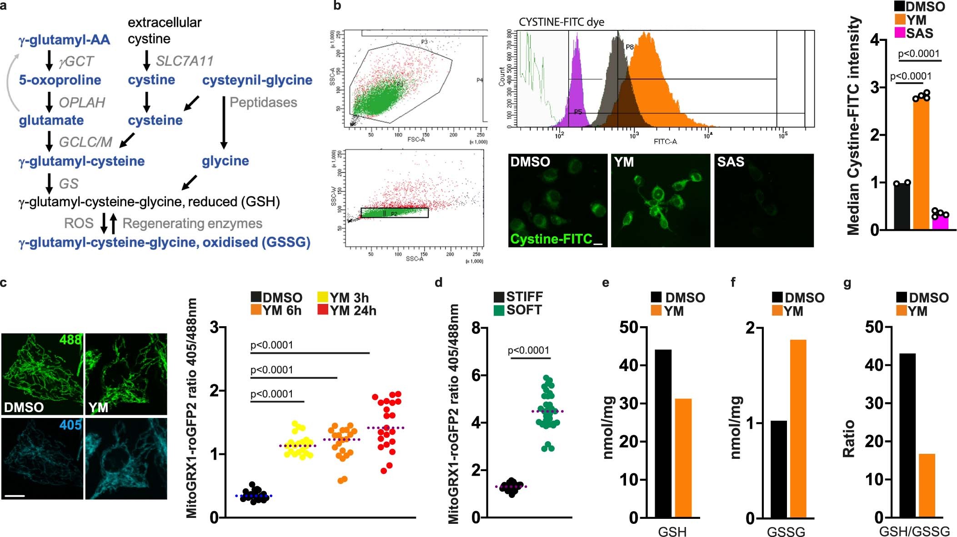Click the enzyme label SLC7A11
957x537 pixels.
pos(184,61)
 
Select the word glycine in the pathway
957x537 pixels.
pos(225,161)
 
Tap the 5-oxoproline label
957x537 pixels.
pos(60,80)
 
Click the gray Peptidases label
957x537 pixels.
pos(263,102)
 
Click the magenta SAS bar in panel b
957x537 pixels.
pos(940,223)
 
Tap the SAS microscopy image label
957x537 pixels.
pos(731,162)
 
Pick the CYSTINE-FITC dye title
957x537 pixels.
pos(561,22)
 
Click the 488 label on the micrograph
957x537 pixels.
pos(70,339)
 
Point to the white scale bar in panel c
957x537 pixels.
pos(15,496)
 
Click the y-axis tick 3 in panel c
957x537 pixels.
pos(215,327)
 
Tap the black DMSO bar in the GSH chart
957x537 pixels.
pos(663,433)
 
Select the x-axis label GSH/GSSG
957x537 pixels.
pos(914,531)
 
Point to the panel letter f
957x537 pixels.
pos(733,282)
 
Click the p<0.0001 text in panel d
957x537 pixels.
pos(528,350)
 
